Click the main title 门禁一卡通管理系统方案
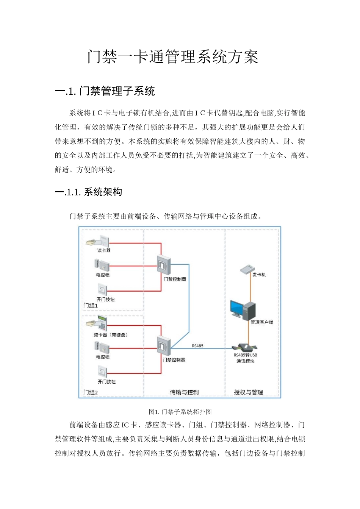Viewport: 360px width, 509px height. (x=173, y=57)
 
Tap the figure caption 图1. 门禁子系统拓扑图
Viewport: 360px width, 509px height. (x=180, y=412)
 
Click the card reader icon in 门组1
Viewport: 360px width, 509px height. (x=98, y=241)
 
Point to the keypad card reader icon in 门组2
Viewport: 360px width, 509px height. (x=97, y=323)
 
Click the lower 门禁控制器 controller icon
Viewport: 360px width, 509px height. (x=164, y=345)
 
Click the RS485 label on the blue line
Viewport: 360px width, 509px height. (x=197, y=346)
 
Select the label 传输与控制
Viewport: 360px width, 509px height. (x=184, y=392)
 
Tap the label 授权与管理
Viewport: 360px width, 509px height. (x=248, y=392)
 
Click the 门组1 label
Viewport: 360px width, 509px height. (x=91, y=305)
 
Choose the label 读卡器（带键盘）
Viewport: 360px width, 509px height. (x=111, y=335)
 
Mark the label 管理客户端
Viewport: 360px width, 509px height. (x=261, y=322)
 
